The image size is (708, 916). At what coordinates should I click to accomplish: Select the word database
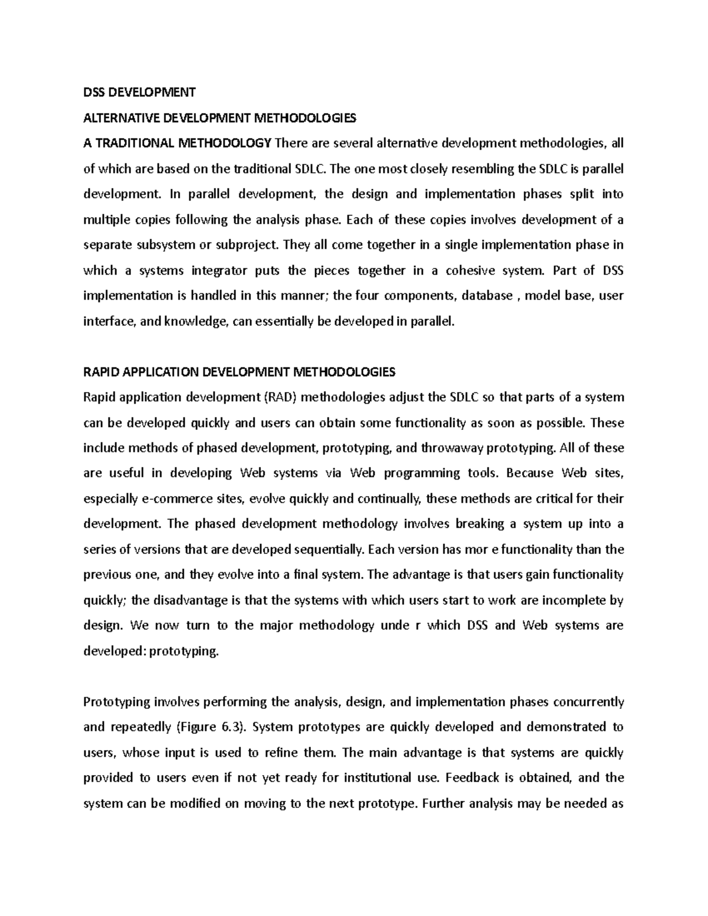pyautogui.click(x=487, y=296)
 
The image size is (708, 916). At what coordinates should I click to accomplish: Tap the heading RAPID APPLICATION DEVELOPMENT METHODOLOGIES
pyautogui.click(x=240, y=372)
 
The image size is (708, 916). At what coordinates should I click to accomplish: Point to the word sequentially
pyautogui.click(x=327, y=550)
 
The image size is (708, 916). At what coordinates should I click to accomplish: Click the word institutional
pyautogui.click(x=376, y=778)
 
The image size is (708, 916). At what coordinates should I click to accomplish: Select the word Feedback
pyautogui.click(x=472, y=778)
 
